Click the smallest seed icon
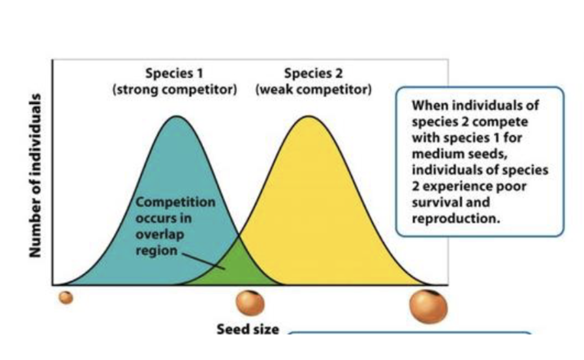point(67,298)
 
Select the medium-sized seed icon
point(250,303)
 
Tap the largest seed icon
point(429,306)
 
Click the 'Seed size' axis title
point(248,330)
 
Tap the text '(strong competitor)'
point(174,90)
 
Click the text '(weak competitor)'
point(313,90)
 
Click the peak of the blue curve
point(177,117)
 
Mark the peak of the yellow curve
point(309,117)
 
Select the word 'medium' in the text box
point(432,154)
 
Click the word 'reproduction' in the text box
point(447,218)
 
